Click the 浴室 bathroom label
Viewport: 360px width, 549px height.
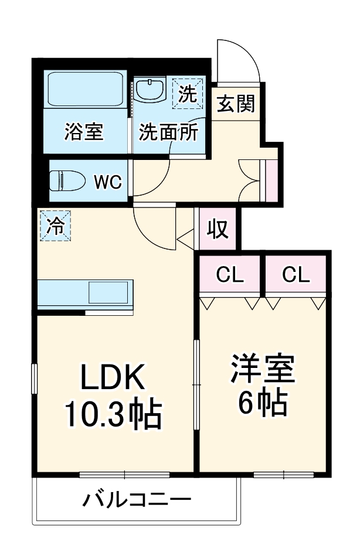[x=83, y=132]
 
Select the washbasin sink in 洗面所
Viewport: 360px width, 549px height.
[x=150, y=91]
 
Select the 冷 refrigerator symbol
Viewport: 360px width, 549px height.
[x=55, y=226]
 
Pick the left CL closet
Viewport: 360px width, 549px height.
[x=230, y=274]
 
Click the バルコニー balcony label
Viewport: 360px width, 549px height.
[x=137, y=500]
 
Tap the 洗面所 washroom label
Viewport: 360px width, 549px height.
[x=168, y=132]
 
